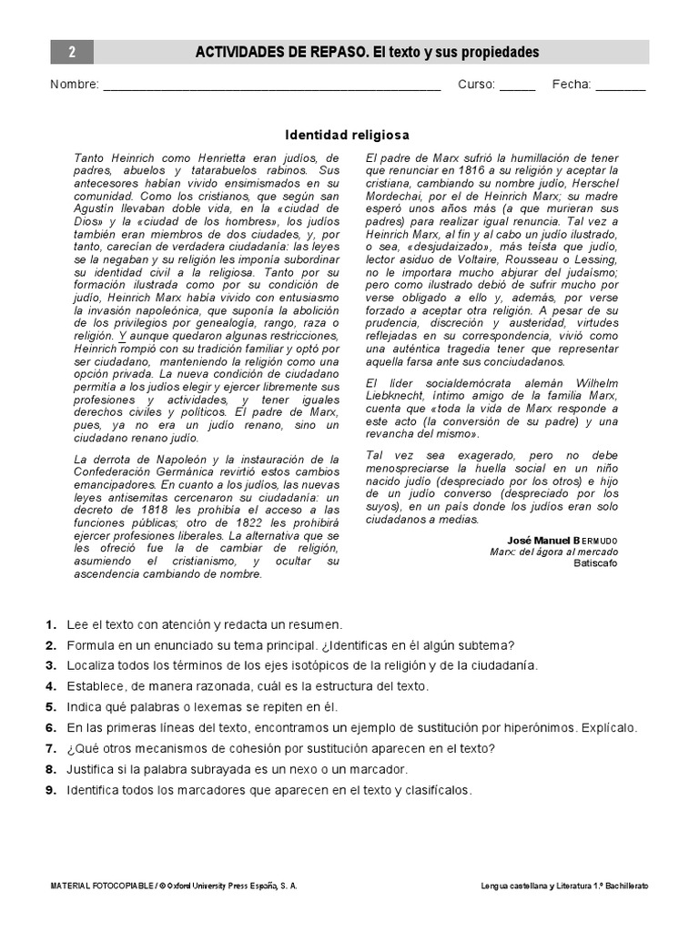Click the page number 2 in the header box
pyautogui.click(x=71, y=53)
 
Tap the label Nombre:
pyautogui.click(x=75, y=85)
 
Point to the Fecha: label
pyautogui.click(x=572, y=85)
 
